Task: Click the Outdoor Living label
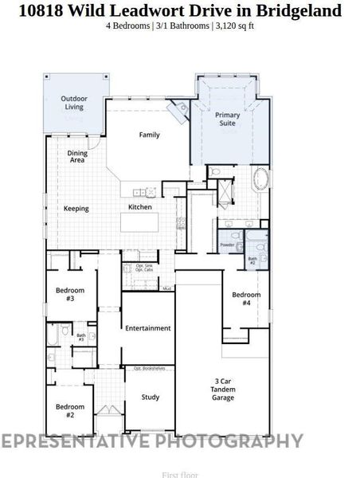pos(73,102)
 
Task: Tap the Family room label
pos(149,135)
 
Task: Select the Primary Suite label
pos(228,119)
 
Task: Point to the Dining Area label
pos(77,156)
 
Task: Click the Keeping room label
pos(76,209)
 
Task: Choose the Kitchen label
pos(140,207)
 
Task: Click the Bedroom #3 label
pos(70,295)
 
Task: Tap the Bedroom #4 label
pos(246,299)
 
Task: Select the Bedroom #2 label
pos(70,410)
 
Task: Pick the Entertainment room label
pos(148,327)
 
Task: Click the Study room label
pos(151,397)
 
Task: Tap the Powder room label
pos(227,245)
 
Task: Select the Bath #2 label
pos(252,260)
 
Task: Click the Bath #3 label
pos(80,337)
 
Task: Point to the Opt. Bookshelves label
pos(149,369)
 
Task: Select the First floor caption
pos(180,474)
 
